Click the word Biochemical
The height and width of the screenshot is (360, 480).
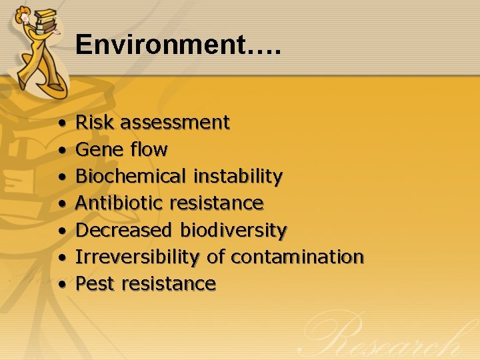[131, 177]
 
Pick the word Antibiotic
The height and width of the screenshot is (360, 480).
[120, 203]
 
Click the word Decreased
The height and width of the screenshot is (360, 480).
[125, 231]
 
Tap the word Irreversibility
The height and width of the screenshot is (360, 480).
[137, 257]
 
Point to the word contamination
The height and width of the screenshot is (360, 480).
[297, 257]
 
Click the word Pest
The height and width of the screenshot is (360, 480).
[95, 284]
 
